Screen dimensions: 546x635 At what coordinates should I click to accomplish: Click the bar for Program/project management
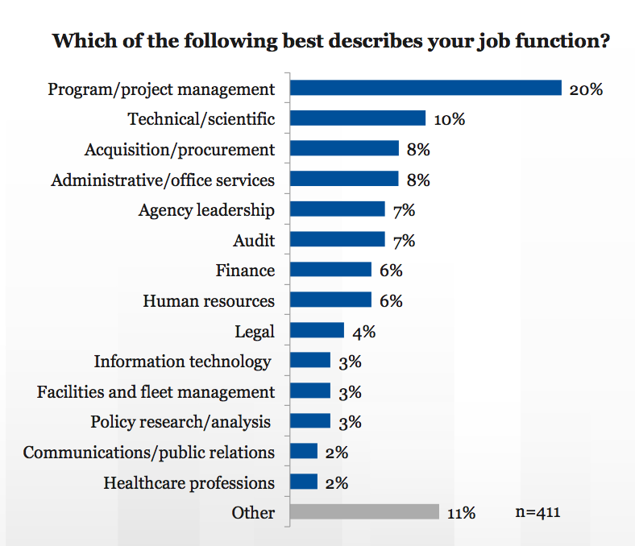tap(425, 88)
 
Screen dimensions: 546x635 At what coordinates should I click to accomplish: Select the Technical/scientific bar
tap(358, 118)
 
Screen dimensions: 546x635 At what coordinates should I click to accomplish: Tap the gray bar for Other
tap(364, 512)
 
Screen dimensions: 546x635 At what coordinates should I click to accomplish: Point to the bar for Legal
tap(317, 331)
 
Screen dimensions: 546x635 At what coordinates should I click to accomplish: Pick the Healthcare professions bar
tap(304, 482)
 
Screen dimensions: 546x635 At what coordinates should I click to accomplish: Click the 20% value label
tap(586, 89)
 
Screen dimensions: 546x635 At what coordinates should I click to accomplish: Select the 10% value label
tap(450, 119)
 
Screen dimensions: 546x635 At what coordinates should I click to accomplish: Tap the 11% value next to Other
tap(463, 513)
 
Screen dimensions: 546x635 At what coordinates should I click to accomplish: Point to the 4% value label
tap(364, 331)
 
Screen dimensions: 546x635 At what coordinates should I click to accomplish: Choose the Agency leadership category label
tap(206, 210)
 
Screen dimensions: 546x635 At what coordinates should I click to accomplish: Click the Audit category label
tap(254, 240)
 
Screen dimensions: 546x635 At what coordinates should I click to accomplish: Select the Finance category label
tap(245, 271)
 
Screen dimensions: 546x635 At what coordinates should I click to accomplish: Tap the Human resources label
tap(209, 301)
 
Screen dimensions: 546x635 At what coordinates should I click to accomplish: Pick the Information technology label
tap(183, 362)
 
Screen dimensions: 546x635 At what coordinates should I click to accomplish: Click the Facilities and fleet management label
tap(156, 392)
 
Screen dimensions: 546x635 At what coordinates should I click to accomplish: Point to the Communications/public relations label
tap(149, 453)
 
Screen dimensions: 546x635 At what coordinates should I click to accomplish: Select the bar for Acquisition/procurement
tap(344, 148)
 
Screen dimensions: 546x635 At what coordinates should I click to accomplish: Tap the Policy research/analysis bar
tap(310, 421)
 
